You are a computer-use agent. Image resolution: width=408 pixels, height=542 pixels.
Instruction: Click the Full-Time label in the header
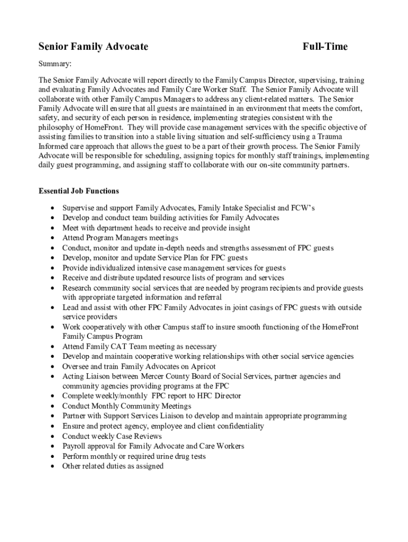click(325, 47)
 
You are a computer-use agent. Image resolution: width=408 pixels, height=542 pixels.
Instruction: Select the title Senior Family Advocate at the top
click(93, 47)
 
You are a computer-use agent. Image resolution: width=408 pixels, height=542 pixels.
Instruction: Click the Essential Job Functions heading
click(78, 191)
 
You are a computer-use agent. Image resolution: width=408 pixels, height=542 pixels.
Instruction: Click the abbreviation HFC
click(203, 396)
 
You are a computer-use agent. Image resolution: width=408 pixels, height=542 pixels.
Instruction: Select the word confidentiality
click(240, 426)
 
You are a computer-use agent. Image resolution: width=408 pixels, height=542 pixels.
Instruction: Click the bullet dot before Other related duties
click(52, 466)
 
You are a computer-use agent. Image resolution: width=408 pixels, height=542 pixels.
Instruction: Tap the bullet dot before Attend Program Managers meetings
click(52, 238)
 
